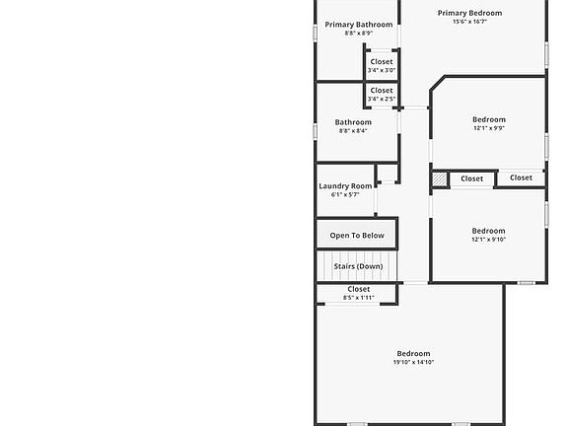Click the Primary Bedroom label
point(470,13)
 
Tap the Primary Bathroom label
point(359,25)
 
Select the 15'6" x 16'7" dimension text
point(470,22)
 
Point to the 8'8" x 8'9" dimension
point(359,34)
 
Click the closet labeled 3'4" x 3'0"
point(382,62)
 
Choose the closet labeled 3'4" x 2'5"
point(382,91)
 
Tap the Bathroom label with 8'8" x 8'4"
point(353,122)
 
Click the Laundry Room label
point(345,186)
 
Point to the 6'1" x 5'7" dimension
point(345,195)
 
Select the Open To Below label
point(357,236)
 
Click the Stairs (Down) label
point(358,266)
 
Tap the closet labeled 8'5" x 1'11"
point(359,290)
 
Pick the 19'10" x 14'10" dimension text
point(414,362)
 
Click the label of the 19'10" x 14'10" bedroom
point(414,353)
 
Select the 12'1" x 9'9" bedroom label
point(488,120)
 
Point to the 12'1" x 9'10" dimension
point(488,240)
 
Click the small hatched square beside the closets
point(441,179)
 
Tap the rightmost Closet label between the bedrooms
point(522,178)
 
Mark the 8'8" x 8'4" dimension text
point(353,131)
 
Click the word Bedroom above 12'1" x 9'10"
point(488,231)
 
